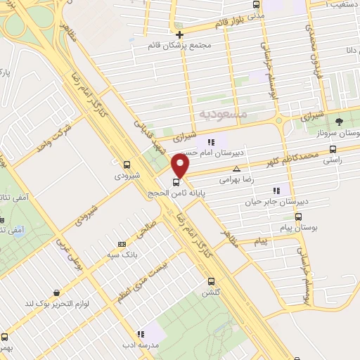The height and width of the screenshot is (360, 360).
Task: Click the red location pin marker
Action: (x=181, y=167)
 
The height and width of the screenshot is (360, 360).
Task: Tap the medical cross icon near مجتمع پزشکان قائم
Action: (x=180, y=34)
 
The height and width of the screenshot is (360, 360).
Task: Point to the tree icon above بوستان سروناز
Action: (x=339, y=122)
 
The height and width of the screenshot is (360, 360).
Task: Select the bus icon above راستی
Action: (x=333, y=148)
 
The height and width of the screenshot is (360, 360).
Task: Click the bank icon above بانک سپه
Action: (x=122, y=245)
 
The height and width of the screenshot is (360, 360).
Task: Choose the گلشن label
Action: (x=212, y=292)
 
